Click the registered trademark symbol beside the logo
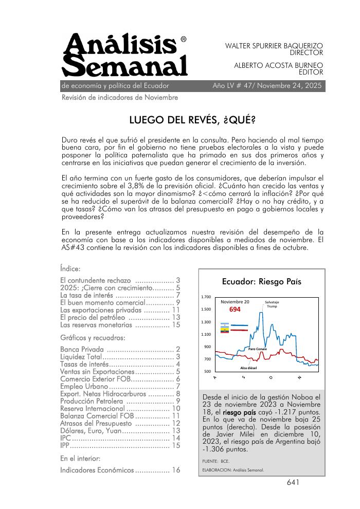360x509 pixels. point(184,40)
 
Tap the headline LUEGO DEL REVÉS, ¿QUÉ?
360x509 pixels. point(192,120)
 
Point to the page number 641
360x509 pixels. point(293,482)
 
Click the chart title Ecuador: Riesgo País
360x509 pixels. point(261,282)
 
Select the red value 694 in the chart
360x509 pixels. point(235,310)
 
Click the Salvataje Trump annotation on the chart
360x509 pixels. point(272,304)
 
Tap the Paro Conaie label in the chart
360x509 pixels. point(257,349)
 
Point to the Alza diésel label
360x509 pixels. point(249,368)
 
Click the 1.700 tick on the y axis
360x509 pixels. point(205,297)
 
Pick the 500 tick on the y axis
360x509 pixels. point(207,371)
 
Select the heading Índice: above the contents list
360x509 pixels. point(70,269)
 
